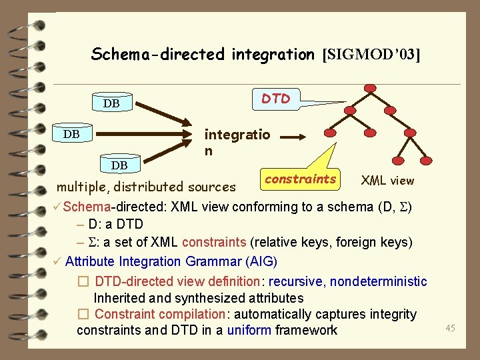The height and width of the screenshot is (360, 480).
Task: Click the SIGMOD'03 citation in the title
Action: pyautogui.click(x=371, y=55)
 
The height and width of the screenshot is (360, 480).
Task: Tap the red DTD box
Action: pyautogui.click(x=275, y=99)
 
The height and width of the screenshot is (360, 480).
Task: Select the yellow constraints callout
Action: pyautogui.click(x=300, y=179)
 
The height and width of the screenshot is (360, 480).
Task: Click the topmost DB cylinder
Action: pyautogui.click(x=111, y=103)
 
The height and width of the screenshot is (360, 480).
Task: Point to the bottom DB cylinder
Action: pyautogui.click(x=119, y=165)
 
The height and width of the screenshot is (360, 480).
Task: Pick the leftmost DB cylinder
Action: pyautogui.click(x=71, y=134)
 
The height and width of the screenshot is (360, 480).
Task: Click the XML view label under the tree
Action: pyautogui.click(x=387, y=180)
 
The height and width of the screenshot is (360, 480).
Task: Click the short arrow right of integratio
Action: pyautogui.click(x=293, y=138)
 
